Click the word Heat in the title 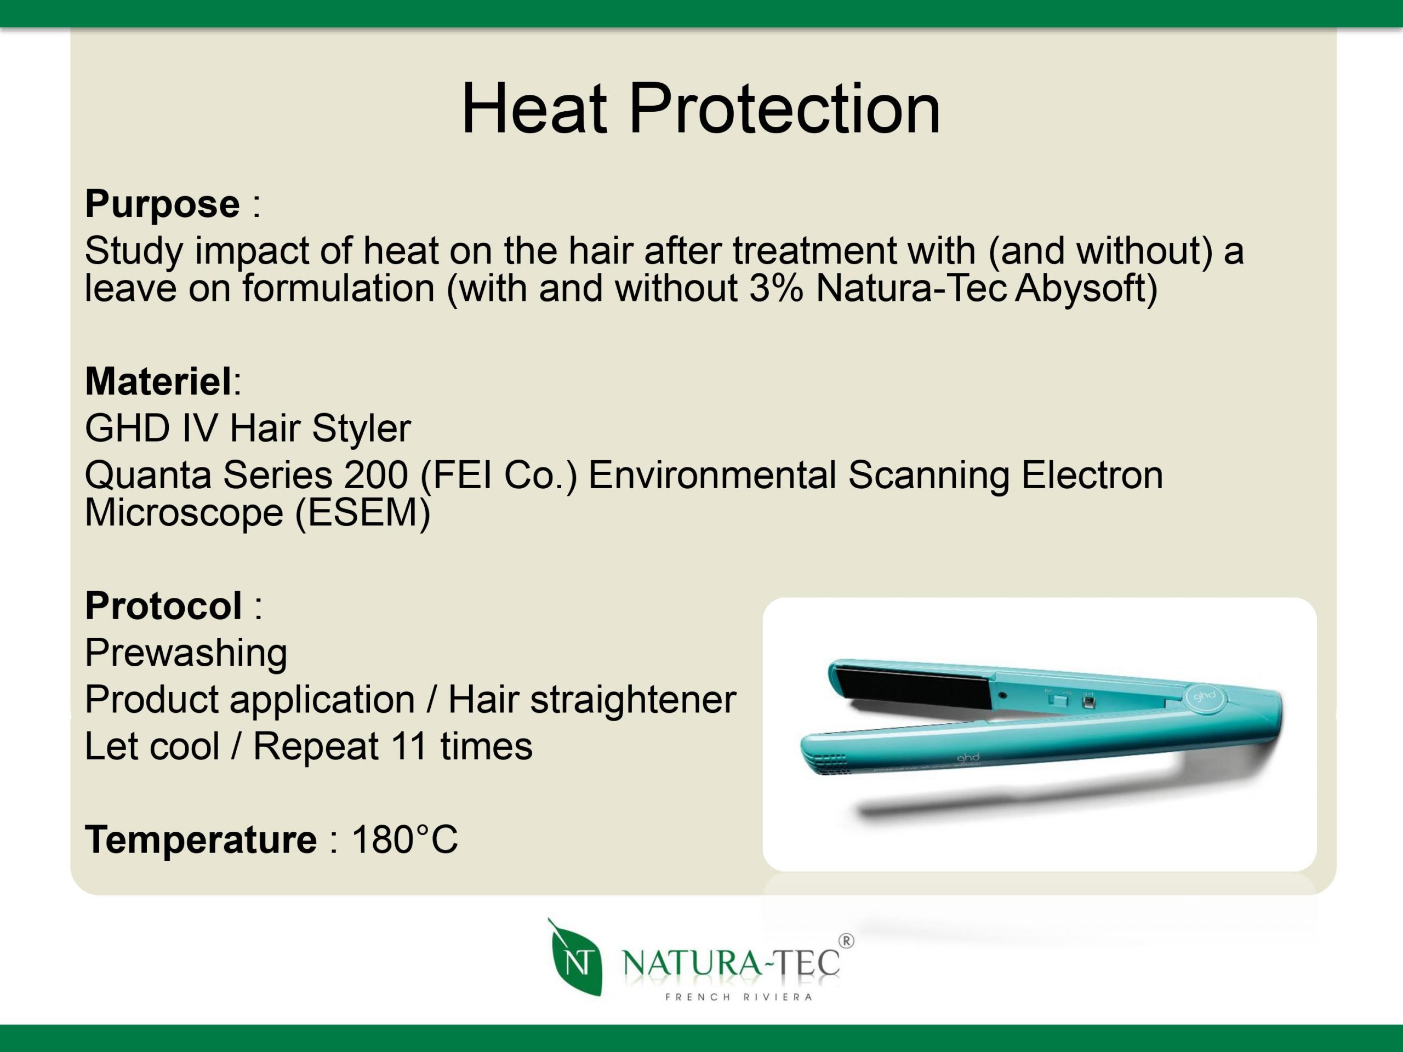(533, 109)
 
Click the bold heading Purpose (162, 204)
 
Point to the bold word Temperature (201, 839)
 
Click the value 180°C (404, 839)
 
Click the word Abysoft (1086, 289)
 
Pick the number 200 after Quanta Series (375, 475)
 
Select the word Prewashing (186, 653)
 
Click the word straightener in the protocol (633, 700)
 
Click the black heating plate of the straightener (914, 689)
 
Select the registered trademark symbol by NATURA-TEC (846, 941)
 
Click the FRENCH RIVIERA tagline (739, 997)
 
